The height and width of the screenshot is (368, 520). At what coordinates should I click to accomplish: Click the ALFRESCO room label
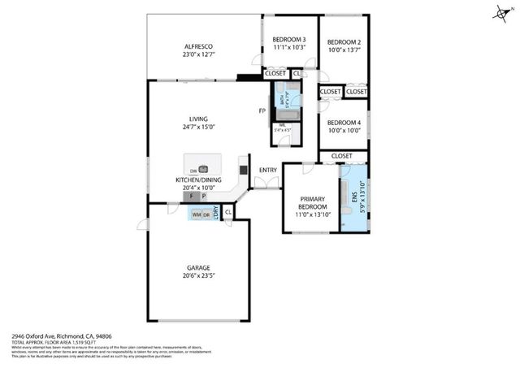(197, 48)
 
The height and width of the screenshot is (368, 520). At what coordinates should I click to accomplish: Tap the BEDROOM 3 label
(288, 40)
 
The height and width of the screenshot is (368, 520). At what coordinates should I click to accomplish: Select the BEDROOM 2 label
(344, 42)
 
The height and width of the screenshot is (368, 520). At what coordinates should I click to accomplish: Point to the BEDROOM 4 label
(344, 122)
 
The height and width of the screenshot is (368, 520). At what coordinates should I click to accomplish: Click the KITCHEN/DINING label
(197, 180)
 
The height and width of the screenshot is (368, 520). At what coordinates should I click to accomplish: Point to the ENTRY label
(267, 170)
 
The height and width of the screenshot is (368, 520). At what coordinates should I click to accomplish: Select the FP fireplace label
(262, 111)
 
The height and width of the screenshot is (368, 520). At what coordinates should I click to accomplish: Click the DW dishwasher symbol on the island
(193, 171)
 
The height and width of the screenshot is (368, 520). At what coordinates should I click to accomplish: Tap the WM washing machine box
(196, 214)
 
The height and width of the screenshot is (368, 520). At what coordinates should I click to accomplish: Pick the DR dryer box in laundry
(206, 214)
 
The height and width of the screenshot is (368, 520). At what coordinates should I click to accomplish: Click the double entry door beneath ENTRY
(266, 188)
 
